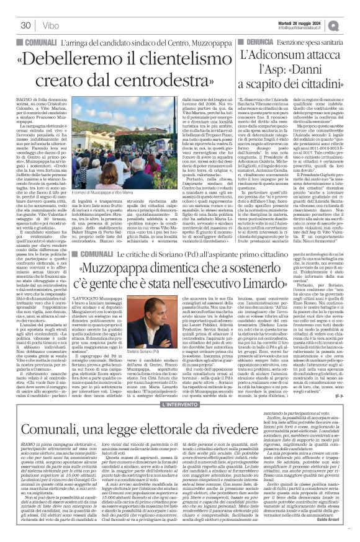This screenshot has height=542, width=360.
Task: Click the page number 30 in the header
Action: [x=25, y=25]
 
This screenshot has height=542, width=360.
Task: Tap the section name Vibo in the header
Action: [x=51, y=25]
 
